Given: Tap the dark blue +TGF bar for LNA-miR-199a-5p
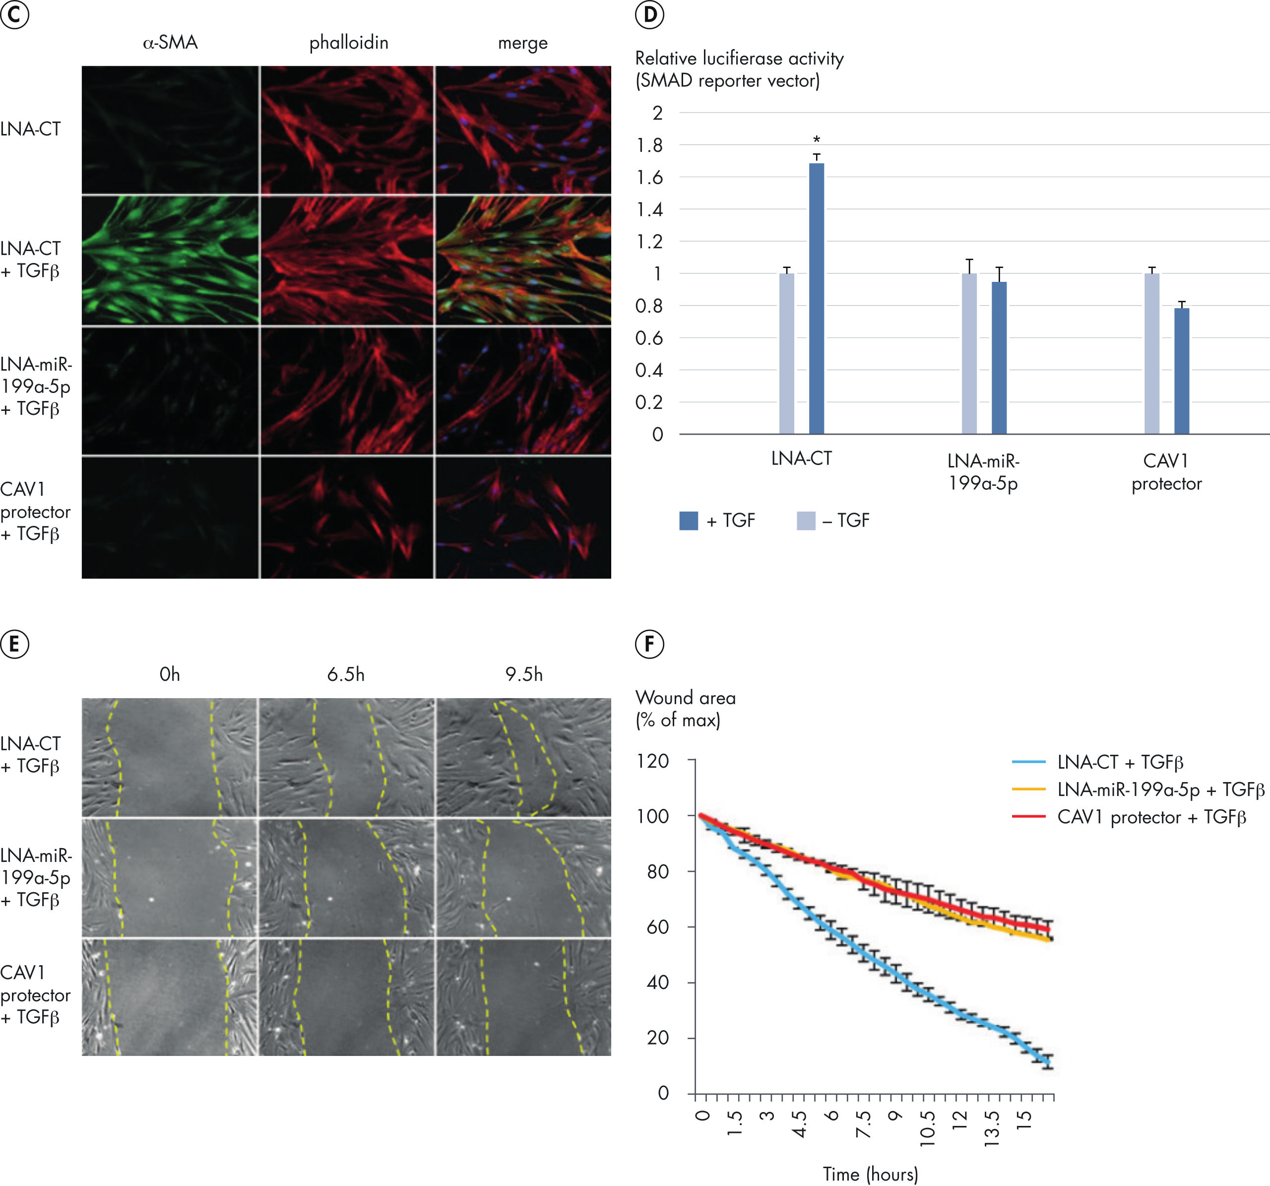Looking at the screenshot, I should tap(999, 358).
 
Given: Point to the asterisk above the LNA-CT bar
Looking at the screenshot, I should tap(817, 139).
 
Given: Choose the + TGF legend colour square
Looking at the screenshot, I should tap(689, 521).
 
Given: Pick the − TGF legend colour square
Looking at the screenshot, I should tap(806, 521).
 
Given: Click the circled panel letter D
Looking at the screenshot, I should tap(650, 15).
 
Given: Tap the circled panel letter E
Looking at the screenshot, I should tap(15, 644).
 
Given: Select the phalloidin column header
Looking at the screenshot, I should tap(349, 43).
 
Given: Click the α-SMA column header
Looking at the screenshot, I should tap(170, 43).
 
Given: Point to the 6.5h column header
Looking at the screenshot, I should tap(346, 674).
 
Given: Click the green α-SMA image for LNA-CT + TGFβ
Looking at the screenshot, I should tap(170, 260).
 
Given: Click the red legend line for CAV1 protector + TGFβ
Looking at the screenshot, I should tap(1028, 817).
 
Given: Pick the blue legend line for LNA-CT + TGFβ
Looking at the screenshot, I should tap(1028, 762).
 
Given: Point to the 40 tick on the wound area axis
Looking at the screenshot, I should tap(658, 982).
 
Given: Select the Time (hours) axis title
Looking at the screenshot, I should tap(870, 1174).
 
